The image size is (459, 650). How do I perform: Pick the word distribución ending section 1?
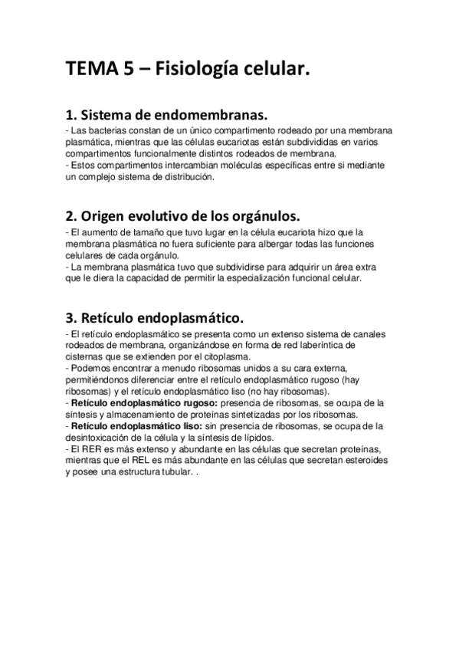coord(191,176)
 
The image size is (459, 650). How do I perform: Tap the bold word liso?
coord(189,425)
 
